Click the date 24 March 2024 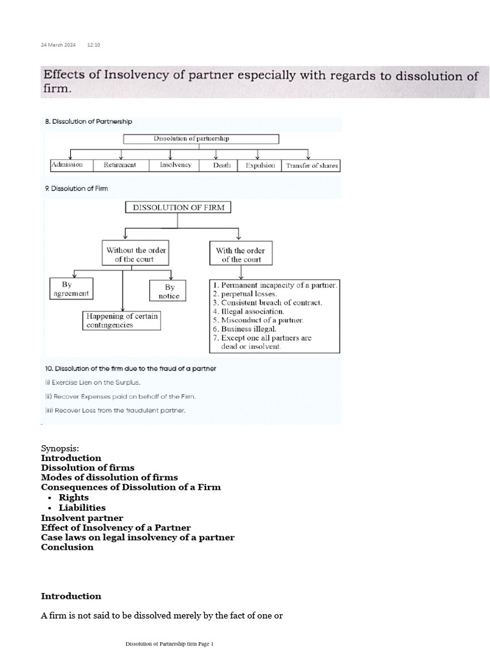[58, 45]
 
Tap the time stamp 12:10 [93, 45]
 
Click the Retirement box [119, 165]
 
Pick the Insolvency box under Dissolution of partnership [170, 165]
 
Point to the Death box [217, 165]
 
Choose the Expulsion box [260, 165]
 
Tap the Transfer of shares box [311, 165]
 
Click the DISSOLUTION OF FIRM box [178, 207]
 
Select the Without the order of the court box [137, 255]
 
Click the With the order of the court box [240, 255]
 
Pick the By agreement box [71, 288]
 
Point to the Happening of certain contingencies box [121, 320]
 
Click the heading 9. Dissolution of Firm [76, 189]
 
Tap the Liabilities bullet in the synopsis [82, 508]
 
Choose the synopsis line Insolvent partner [82, 518]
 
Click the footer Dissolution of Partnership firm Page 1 [169, 644]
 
